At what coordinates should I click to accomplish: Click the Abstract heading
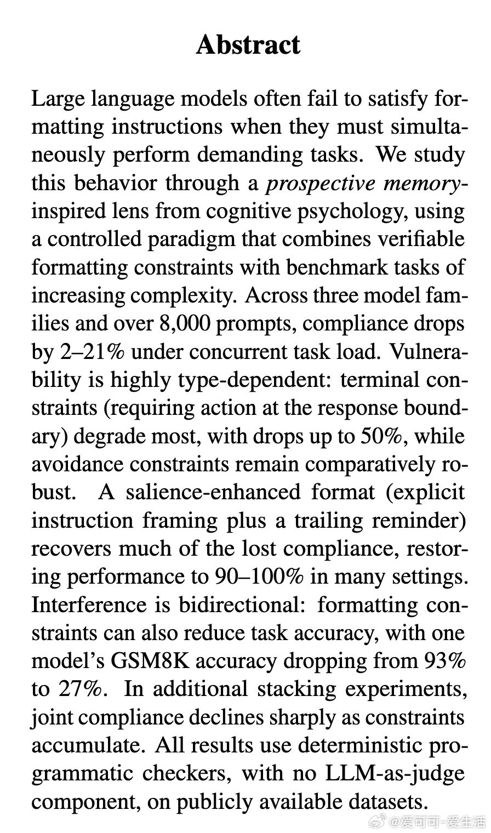[248, 44]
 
